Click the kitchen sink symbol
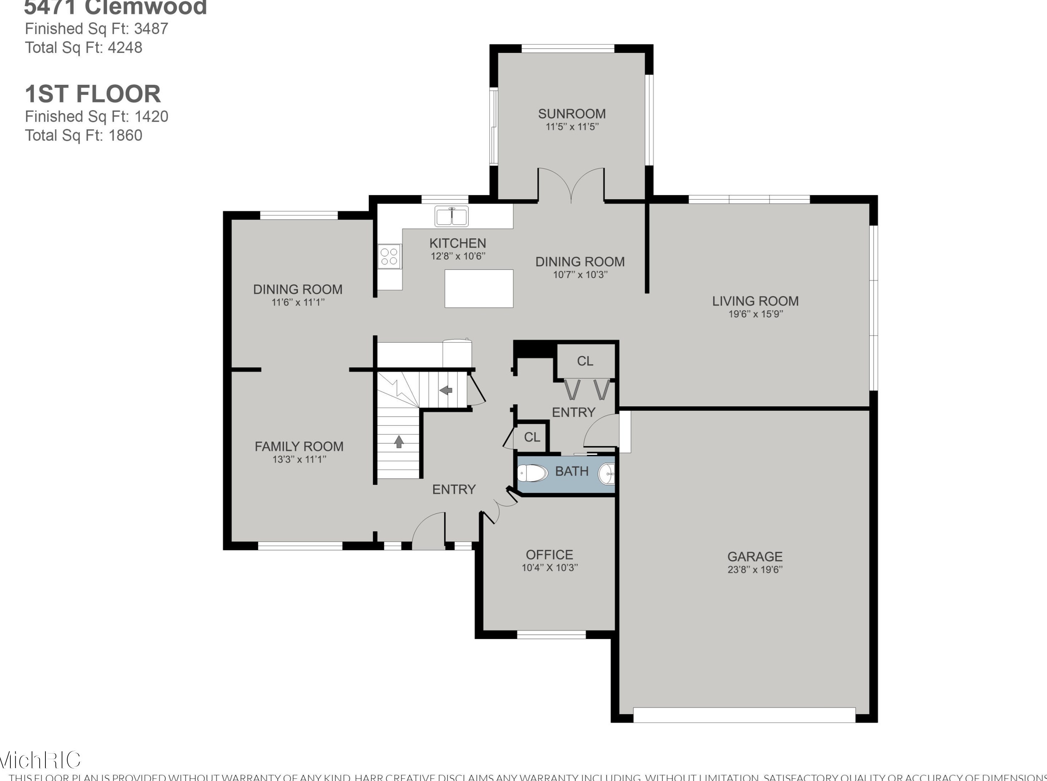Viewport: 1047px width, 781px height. pos(451,216)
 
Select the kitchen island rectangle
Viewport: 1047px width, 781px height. pos(479,288)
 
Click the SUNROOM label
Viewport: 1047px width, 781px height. pos(572,114)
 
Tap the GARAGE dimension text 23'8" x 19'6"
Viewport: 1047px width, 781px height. pos(755,570)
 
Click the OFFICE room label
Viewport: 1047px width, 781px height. pos(549,555)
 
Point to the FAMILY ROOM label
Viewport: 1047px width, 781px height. pos(299,446)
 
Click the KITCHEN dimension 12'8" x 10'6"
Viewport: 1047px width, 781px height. pos(458,256)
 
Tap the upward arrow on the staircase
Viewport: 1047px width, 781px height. pos(398,441)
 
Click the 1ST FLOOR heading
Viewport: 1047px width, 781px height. pos(93,94)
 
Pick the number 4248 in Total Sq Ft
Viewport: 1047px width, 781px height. pos(125,47)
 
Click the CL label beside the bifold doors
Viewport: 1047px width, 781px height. pos(585,361)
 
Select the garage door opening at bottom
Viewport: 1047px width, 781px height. pos(744,714)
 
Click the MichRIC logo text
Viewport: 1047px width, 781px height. pos(40,760)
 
